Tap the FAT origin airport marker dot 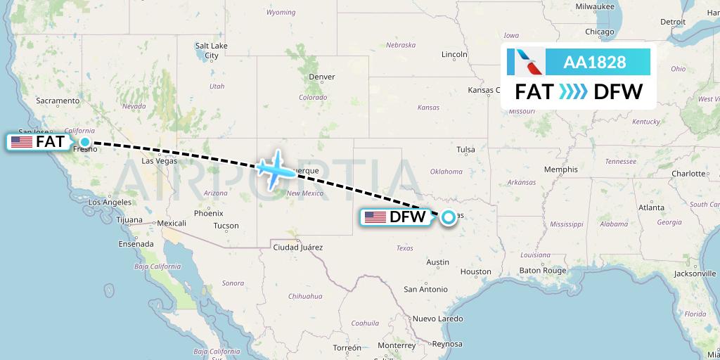[85, 142]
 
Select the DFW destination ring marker [448, 217]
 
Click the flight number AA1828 [594, 62]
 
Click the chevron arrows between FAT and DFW [573, 92]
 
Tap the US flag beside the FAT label [22, 142]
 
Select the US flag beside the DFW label [375, 217]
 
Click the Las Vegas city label [159, 160]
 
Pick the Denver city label [322, 77]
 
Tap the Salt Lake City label [212, 51]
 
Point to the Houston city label [476, 271]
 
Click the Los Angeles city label [110, 202]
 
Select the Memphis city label [560, 169]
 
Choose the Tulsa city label [465, 149]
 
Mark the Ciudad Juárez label [298, 247]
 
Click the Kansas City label [490, 90]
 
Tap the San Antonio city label [425, 289]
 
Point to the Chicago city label [600, 32]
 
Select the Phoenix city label [208, 213]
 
